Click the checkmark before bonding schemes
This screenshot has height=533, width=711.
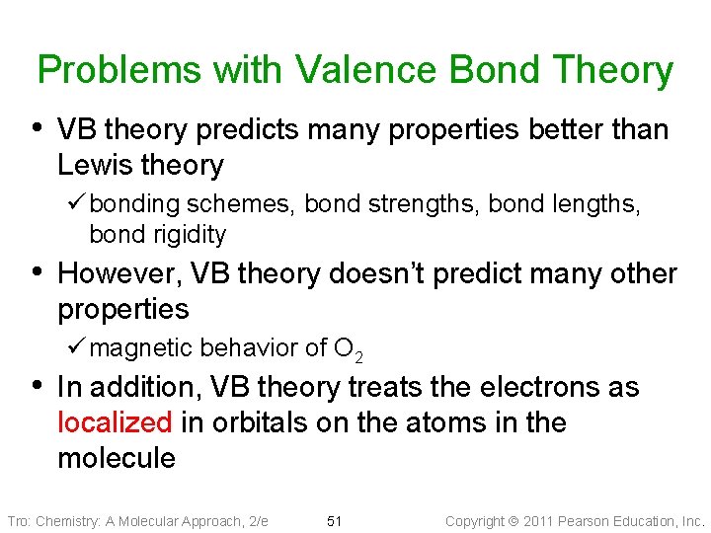79,204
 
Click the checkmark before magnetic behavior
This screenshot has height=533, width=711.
79,347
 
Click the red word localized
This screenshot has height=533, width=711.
115,422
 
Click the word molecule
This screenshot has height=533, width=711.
117,458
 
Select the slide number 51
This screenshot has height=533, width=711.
334,521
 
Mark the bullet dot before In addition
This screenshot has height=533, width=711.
38,385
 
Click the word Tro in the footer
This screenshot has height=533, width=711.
18,521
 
